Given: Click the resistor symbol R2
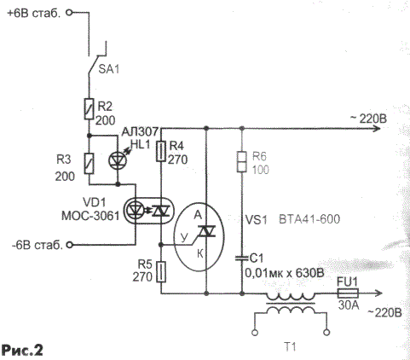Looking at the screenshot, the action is click(89, 108).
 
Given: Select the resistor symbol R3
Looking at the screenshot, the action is click(89, 164).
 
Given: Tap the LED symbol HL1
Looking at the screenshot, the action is click(118, 160).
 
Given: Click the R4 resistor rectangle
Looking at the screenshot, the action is click(161, 152).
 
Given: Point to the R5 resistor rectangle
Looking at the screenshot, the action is click(161, 272).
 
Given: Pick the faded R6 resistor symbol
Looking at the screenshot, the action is click(242, 162).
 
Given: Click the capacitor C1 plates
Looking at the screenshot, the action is click(242, 258).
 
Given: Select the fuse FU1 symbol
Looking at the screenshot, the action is click(348, 293).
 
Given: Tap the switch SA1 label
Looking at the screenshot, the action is click(108, 69).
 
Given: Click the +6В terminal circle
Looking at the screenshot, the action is click(69, 13).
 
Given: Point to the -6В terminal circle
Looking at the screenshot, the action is click(69, 245).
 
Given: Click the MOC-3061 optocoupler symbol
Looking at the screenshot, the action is click(149, 211).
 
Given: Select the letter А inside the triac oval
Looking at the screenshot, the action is click(198, 215).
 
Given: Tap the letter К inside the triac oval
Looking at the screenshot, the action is click(200, 253).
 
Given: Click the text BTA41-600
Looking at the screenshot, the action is click(309, 219).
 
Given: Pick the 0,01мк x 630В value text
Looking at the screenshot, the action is click(285, 274).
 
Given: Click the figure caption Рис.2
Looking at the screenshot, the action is click(22, 350).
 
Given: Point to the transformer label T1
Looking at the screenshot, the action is click(290, 347).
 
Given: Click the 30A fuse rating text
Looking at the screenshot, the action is click(349, 305).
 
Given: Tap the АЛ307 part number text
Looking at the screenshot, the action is click(140, 131).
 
